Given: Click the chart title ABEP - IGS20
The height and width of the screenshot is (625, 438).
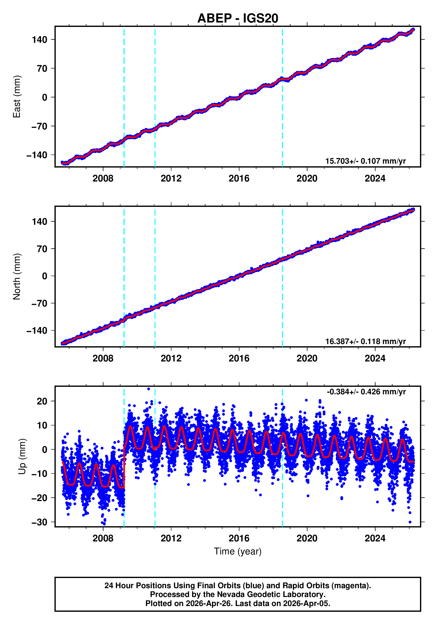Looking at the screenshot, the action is click(x=238, y=18).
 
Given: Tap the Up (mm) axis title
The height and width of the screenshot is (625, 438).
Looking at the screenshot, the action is click(x=22, y=457).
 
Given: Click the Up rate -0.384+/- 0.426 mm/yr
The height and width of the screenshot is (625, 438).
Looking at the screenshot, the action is click(x=366, y=392).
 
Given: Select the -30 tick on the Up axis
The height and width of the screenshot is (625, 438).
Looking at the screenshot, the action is click(x=39, y=522).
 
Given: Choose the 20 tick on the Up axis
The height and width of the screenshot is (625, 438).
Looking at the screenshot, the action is click(x=42, y=401).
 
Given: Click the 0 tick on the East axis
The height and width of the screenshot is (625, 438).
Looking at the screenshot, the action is click(x=45, y=97).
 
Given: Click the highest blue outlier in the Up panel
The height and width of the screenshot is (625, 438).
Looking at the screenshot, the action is click(x=148, y=389).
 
